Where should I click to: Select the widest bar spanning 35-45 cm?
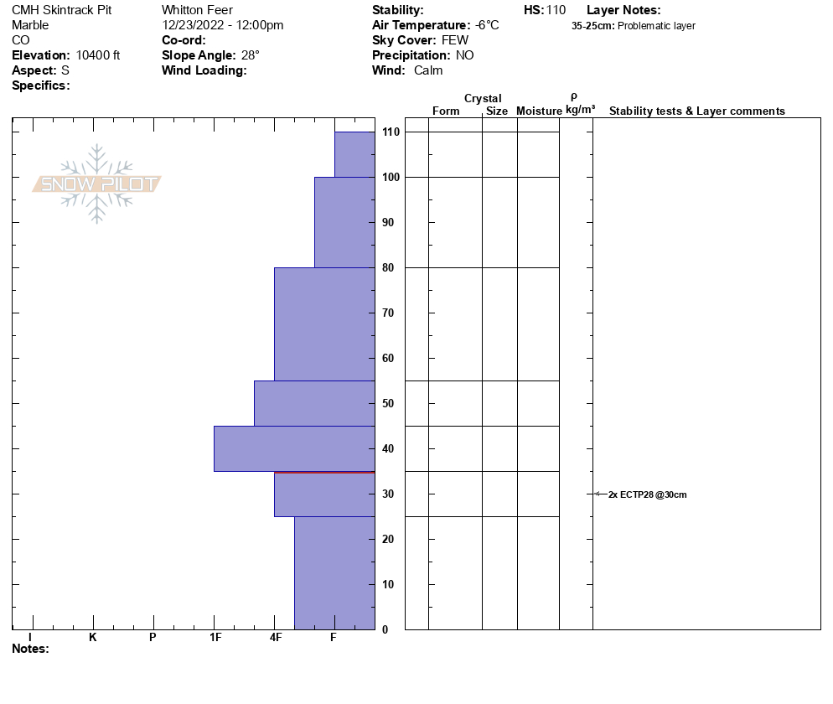pyautogui.click(x=294, y=448)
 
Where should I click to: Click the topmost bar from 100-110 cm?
pyautogui.click(x=354, y=154)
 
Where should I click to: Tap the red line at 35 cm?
pyautogui.click(x=324, y=473)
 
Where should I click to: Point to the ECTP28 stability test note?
pyautogui.click(x=648, y=494)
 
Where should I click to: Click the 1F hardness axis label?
pyautogui.click(x=215, y=638)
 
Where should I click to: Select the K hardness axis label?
pyautogui.click(x=93, y=638)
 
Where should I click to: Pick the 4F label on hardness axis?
pyautogui.click(x=276, y=638)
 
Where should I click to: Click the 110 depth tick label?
pyautogui.click(x=390, y=132)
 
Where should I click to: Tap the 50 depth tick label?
pyautogui.click(x=388, y=404)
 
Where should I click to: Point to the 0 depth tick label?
pyautogui.click(x=385, y=629)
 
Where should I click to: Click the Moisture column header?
pyautogui.click(x=539, y=111)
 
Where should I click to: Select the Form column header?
pyautogui.click(x=446, y=111)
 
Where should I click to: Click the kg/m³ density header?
pyautogui.click(x=580, y=110)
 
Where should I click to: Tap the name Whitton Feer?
pyautogui.click(x=197, y=10)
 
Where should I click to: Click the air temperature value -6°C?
pyautogui.click(x=487, y=25)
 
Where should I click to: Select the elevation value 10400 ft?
pyautogui.click(x=98, y=55)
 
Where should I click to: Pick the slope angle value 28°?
pyautogui.click(x=251, y=55)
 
